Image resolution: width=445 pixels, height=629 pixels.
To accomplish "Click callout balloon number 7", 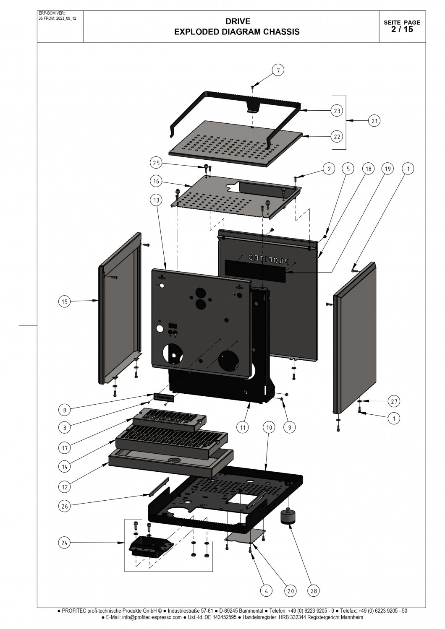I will [x=277, y=70].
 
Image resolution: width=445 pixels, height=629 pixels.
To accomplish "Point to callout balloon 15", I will [x=64, y=301].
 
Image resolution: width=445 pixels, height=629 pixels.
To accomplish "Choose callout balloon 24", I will [x=64, y=543].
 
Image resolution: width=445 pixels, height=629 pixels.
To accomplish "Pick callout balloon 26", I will [x=64, y=506].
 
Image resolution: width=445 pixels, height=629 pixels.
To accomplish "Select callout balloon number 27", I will [x=393, y=401].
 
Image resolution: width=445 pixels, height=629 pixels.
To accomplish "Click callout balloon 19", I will [x=387, y=169].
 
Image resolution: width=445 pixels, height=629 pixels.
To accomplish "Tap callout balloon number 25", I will [x=156, y=162].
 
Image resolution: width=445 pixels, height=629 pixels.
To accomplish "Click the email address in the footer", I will [x=152, y=617].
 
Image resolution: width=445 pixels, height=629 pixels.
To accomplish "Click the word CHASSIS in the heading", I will [x=279, y=31].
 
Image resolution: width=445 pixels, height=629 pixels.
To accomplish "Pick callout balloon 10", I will [x=269, y=427].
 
